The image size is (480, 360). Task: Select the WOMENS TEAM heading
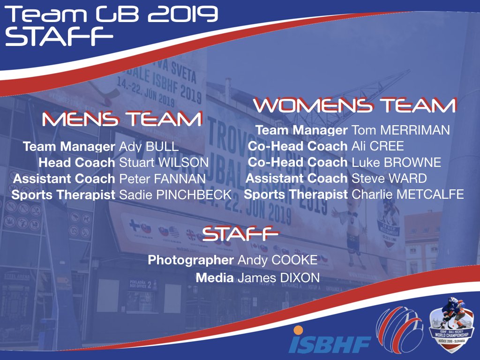(x=354, y=105)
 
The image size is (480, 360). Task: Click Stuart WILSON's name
(x=163, y=163)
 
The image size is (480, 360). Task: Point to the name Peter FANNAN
(x=162, y=179)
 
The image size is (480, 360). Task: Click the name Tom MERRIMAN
(x=401, y=130)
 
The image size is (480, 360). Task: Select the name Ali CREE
(x=377, y=146)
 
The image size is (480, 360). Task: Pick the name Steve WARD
(x=389, y=178)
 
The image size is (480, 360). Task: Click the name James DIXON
(x=278, y=278)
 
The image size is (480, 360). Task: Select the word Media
(x=215, y=278)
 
